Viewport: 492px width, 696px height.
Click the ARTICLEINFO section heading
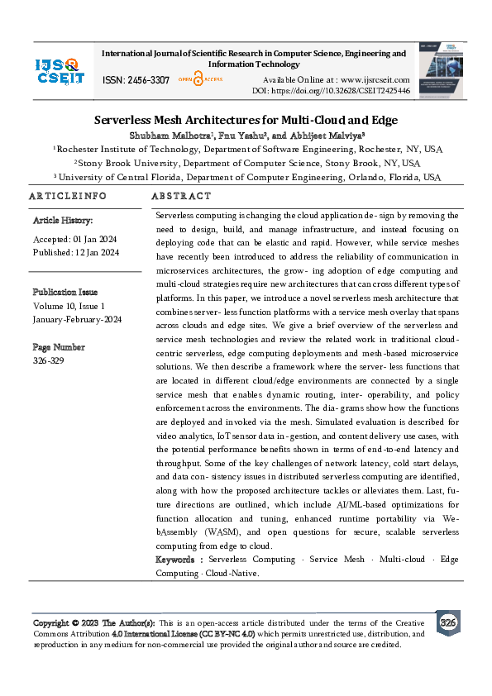[68, 196]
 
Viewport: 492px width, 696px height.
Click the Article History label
[63, 221]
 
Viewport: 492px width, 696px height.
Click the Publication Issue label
[64, 292]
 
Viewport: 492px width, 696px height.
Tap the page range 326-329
[48, 360]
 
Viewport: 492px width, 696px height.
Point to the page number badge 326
[447, 622]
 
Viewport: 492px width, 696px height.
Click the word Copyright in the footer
[50, 622]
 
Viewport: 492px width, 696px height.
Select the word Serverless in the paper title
[123, 120]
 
